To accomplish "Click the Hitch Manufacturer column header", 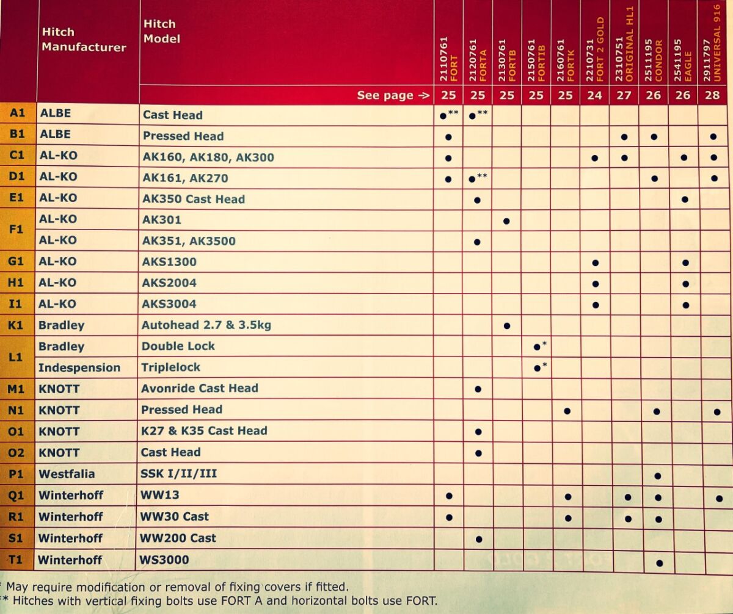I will coord(84,40).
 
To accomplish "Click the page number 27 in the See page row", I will coord(624,95).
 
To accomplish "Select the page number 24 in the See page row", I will coord(594,95).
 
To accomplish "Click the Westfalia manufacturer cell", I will coord(67,474).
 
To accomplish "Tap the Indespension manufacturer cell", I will coord(79,367).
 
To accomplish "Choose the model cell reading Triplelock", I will coord(171,367).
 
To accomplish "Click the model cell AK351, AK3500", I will coord(189,241).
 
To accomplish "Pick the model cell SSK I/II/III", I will coord(179,474).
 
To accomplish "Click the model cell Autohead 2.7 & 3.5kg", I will coord(206,325).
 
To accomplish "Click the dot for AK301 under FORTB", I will coord(506,220).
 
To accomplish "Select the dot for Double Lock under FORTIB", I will coord(536,347).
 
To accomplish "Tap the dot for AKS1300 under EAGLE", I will coord(685,263).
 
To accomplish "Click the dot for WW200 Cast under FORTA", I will coord(479,539).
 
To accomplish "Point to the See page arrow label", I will coord(393,95).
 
